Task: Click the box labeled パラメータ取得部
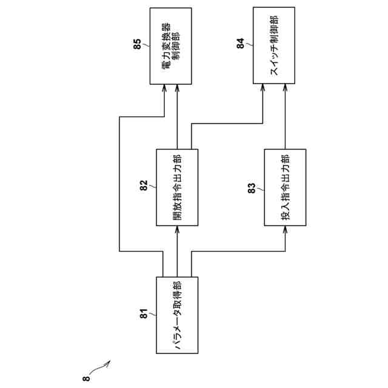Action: [x=177, y=315]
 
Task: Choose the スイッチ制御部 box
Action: [x=274, y=46]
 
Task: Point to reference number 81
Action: [x=144, y=314]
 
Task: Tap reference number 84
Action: [x=241, y=44]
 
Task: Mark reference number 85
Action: [x=137, y=44]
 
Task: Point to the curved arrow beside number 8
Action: [x=98, y=368]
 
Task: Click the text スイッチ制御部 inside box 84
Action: [x=274, y=46]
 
